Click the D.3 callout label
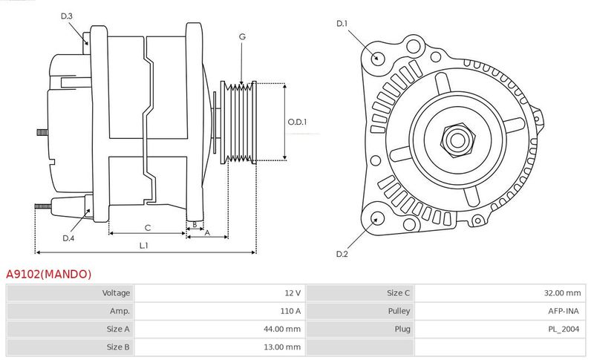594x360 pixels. point(66,16)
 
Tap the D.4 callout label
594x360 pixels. point(68,238)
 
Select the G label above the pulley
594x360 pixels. point(242,36)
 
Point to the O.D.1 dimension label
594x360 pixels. point(297,122)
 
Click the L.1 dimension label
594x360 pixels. point(143,246)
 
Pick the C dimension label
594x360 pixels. point(148,228)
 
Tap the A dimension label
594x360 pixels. point(207,233)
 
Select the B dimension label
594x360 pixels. point(195,224)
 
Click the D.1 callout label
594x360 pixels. point(342,24)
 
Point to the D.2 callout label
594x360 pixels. point(342,254)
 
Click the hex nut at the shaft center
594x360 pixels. point(457,140)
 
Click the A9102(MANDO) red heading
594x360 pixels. point(48,274)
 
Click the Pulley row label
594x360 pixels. point(399,311)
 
